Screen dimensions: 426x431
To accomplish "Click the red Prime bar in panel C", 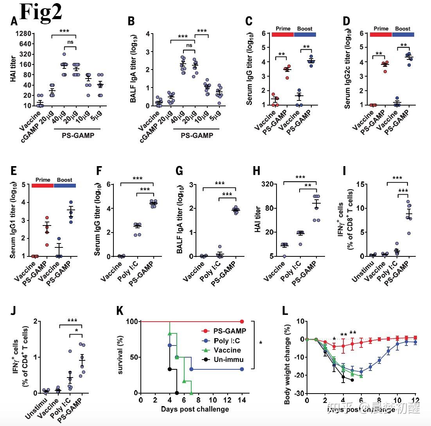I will [x=282, y=35].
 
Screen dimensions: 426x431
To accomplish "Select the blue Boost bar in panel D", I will [x=403, y=35].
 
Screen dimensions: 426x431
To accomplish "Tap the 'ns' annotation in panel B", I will [x=189, y=45].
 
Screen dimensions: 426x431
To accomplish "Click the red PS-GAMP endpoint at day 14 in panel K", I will [x=242, y=321].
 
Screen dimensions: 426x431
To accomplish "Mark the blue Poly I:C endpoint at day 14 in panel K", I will [x=242, y=369].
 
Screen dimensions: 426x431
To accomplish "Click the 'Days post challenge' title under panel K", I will [x=195, y=409].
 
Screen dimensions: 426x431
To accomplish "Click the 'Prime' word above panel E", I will [x=43, y=180].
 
